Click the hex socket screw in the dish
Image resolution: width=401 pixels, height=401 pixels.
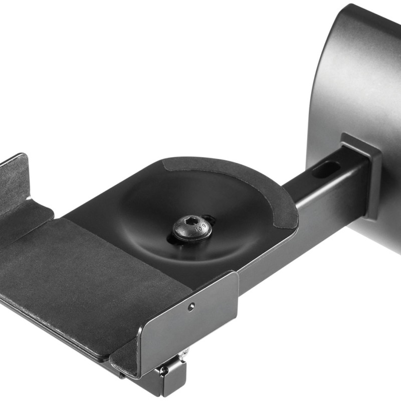[x=192, y=228]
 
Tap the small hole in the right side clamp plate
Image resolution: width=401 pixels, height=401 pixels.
[x=190, y=307]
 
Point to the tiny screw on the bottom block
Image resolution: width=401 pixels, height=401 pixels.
[x=163, y=371]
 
